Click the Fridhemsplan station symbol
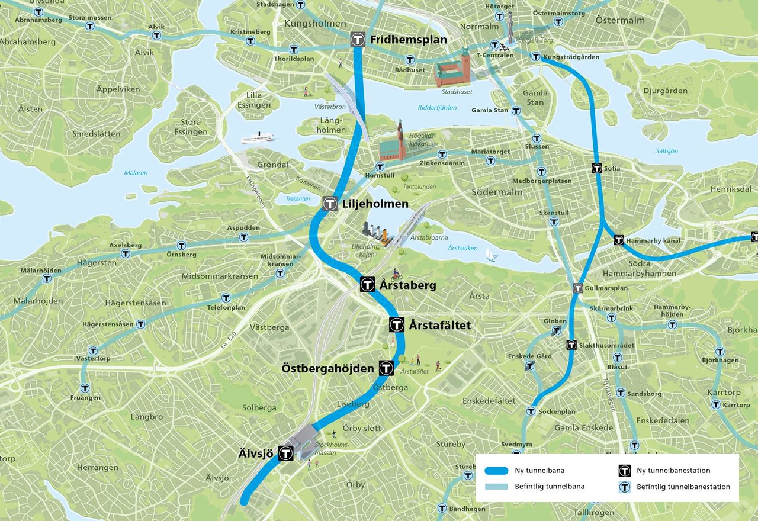[357, 40]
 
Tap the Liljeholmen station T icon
[330, 204]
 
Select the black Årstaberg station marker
[367, 285]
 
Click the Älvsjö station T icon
[285, 454]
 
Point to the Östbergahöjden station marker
[386, 368]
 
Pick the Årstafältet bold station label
[439, 325]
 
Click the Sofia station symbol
[597, 168]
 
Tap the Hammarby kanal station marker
[618, 240]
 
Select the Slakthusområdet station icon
[571, 345]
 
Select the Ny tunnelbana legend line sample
[496, 471]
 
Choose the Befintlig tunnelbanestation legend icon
[623, 487]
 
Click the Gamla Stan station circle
[516, 110]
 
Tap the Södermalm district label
[497, 192]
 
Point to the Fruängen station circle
[85, 388]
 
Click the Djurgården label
[665, 91]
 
